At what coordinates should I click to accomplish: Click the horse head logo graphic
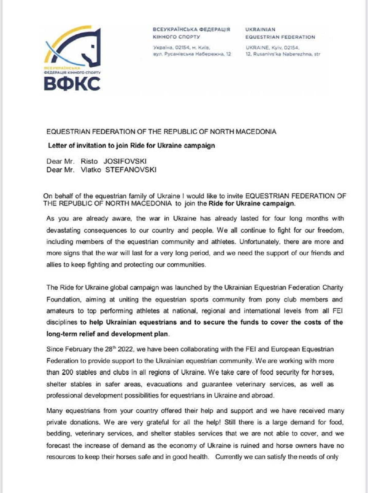point(74,46)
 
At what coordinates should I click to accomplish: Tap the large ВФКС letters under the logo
point(72,84)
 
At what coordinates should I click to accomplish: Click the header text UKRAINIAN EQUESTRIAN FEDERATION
point(280,33)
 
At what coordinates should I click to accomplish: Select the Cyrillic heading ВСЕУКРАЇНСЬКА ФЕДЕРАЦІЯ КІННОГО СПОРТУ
point(191,33)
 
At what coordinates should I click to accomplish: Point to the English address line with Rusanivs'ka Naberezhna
point(283,54)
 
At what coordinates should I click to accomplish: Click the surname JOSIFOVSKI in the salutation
point(125,161)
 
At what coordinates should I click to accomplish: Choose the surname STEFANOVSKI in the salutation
point(131,170)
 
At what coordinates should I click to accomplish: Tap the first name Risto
point(89,161)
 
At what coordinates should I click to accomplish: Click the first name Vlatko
point(91,170)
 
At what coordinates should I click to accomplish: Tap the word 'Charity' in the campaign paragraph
point(332,288)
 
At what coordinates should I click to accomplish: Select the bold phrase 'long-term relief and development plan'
point(107,334)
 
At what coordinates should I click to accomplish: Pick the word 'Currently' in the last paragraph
point(228,457)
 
